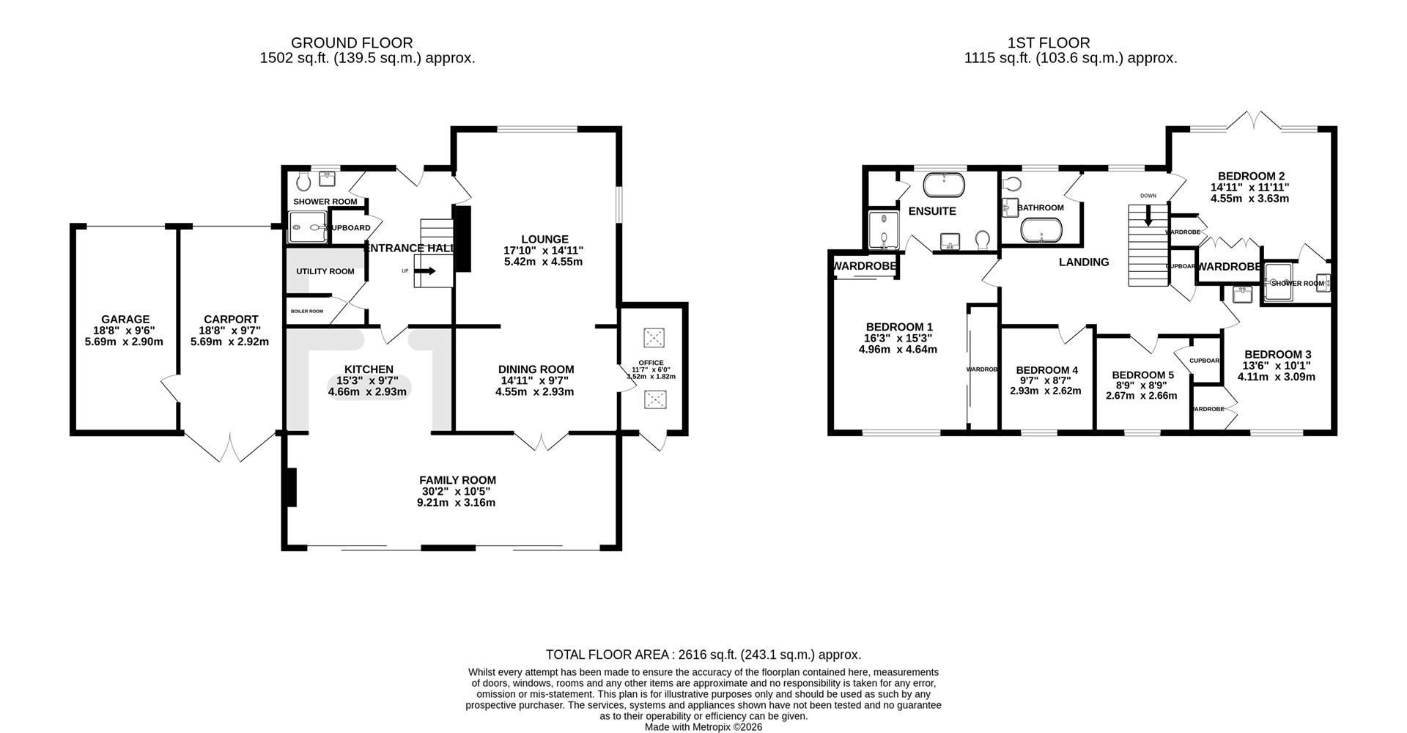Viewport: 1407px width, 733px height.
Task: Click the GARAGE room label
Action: point(125,320)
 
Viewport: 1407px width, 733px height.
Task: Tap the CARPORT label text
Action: point(231,320)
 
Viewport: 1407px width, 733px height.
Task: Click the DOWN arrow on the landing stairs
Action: point(1148,216)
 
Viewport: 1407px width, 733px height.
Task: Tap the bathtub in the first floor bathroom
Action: point(1041,230)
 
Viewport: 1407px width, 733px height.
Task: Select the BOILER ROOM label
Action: point(306,311)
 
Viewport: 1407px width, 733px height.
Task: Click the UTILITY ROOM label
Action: point(325,271)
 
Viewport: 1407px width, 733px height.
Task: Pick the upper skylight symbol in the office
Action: point(653,338)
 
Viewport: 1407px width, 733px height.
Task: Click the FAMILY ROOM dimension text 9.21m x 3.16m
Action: point(457,503)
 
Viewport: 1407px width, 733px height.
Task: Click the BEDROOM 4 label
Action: point(1047,370)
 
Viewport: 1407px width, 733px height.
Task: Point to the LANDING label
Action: point(1084,262)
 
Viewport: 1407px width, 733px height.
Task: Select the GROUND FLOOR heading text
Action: point(352,43)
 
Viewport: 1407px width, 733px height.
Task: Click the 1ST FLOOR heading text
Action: point(1070,43)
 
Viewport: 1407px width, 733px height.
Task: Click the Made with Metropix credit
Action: point(703,727)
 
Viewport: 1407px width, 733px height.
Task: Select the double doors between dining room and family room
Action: point(542,441)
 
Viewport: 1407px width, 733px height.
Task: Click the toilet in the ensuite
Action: point(983,240)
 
